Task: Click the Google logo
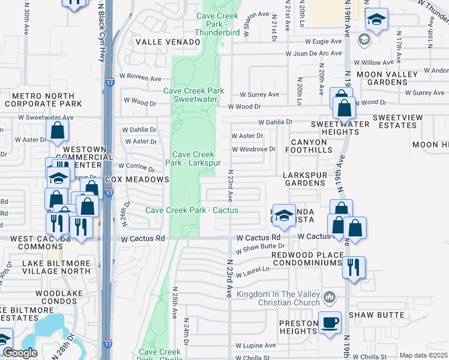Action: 19,353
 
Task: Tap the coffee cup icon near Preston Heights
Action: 329,323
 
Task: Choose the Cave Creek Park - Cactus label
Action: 192,210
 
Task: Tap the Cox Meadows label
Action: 137,179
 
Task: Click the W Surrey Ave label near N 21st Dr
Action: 259,94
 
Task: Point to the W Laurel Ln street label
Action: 253,272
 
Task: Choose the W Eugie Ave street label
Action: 327,42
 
